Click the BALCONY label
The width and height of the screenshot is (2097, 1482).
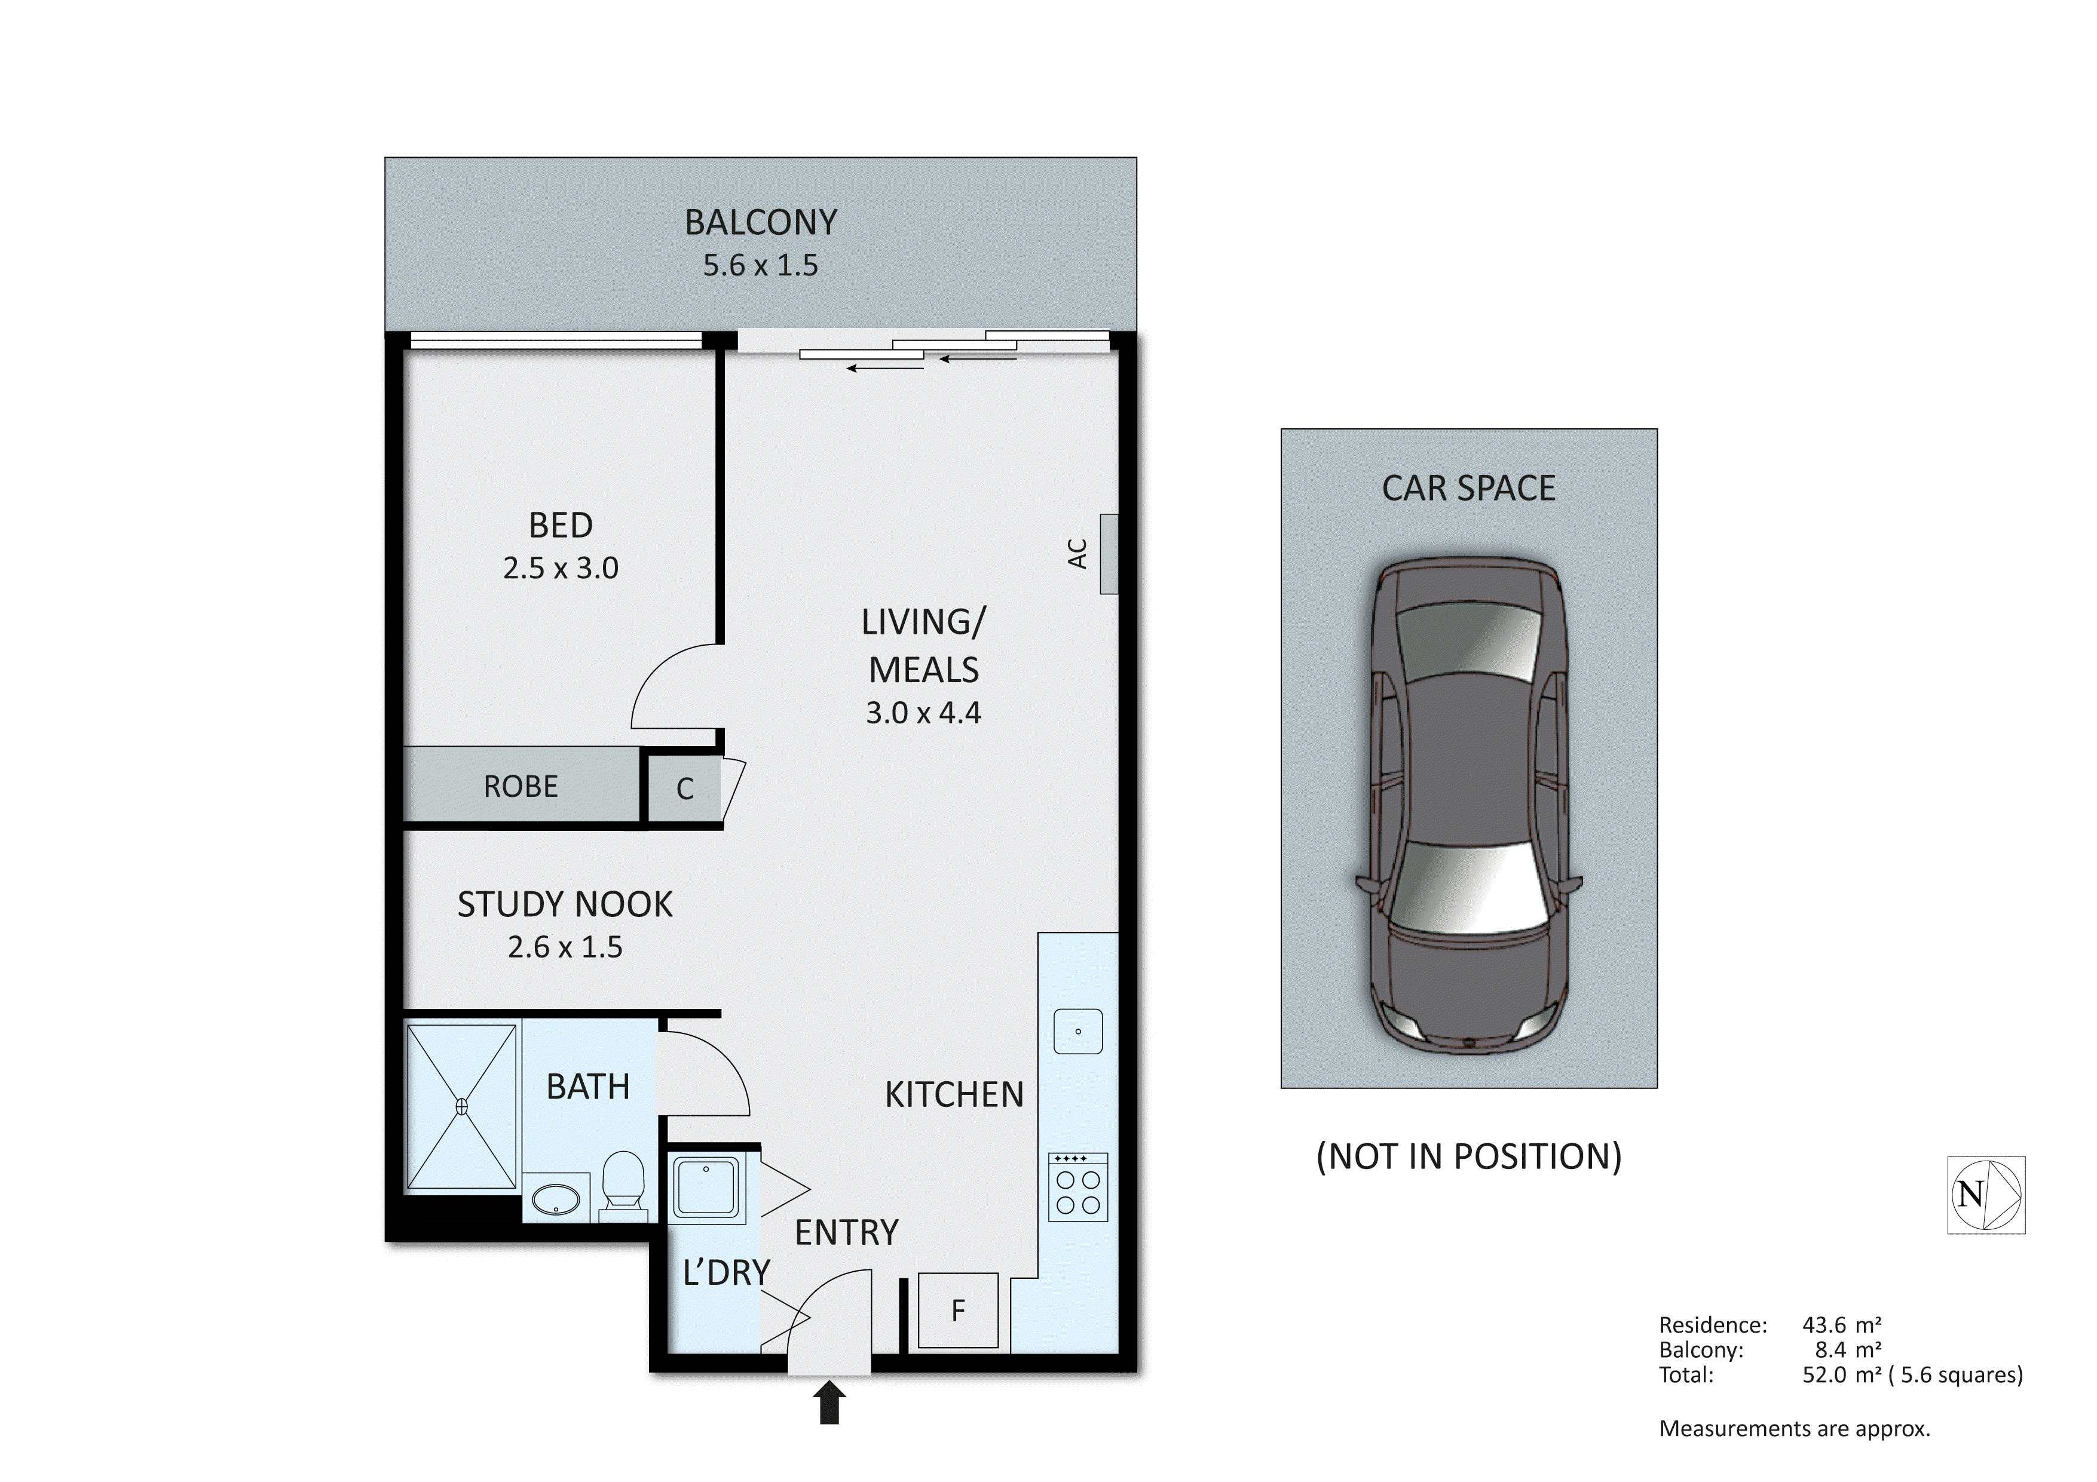pos(760,223)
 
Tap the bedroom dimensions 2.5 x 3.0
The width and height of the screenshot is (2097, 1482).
pos(560,568)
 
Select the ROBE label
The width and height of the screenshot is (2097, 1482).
pos(520,786)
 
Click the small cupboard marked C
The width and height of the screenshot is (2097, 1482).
pos(685,788)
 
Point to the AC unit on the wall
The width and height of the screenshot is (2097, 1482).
pos(1108,553)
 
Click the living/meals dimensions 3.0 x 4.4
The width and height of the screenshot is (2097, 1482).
pos(923,712)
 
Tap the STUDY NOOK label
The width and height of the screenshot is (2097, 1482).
pos(564,904)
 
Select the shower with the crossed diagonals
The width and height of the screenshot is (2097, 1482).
pos(461,1107)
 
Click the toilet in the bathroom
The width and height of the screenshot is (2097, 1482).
pos(624,1183)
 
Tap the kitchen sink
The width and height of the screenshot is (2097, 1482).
pos(1077,1032)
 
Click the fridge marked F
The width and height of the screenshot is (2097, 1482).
pos(957,1311)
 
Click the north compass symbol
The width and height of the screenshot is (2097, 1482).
pos(1986,1194)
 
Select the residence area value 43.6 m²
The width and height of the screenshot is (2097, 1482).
pos(1841,1324)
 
